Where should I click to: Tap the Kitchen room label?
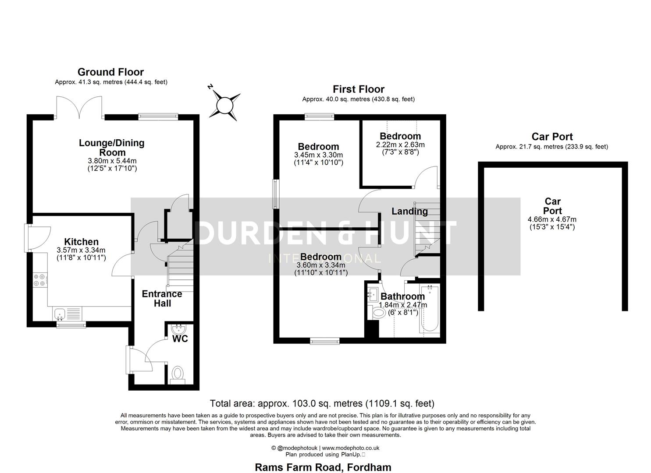(x=81, y=242)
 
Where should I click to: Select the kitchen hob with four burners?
(x=39, y=280)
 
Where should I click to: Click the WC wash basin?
(x=179, y=328)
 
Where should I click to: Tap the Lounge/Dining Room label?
(x=112, y=148)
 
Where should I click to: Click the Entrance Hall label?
(x=162, y=299)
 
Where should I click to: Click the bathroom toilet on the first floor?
(x=378, y=314)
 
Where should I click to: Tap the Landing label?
(x=409, y=212)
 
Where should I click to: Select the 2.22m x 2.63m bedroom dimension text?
(x=400, y=145)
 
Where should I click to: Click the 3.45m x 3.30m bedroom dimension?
(x=318, y=155)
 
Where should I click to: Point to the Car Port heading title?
(x=552, y=137)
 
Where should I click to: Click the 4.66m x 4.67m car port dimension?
(x=552, y=219)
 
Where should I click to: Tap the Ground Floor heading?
(x=110, y=72)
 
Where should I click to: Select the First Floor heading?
(x=358, y=89)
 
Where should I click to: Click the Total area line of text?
(x=322, y=403)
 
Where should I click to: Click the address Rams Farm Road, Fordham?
(x=323, y=467)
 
